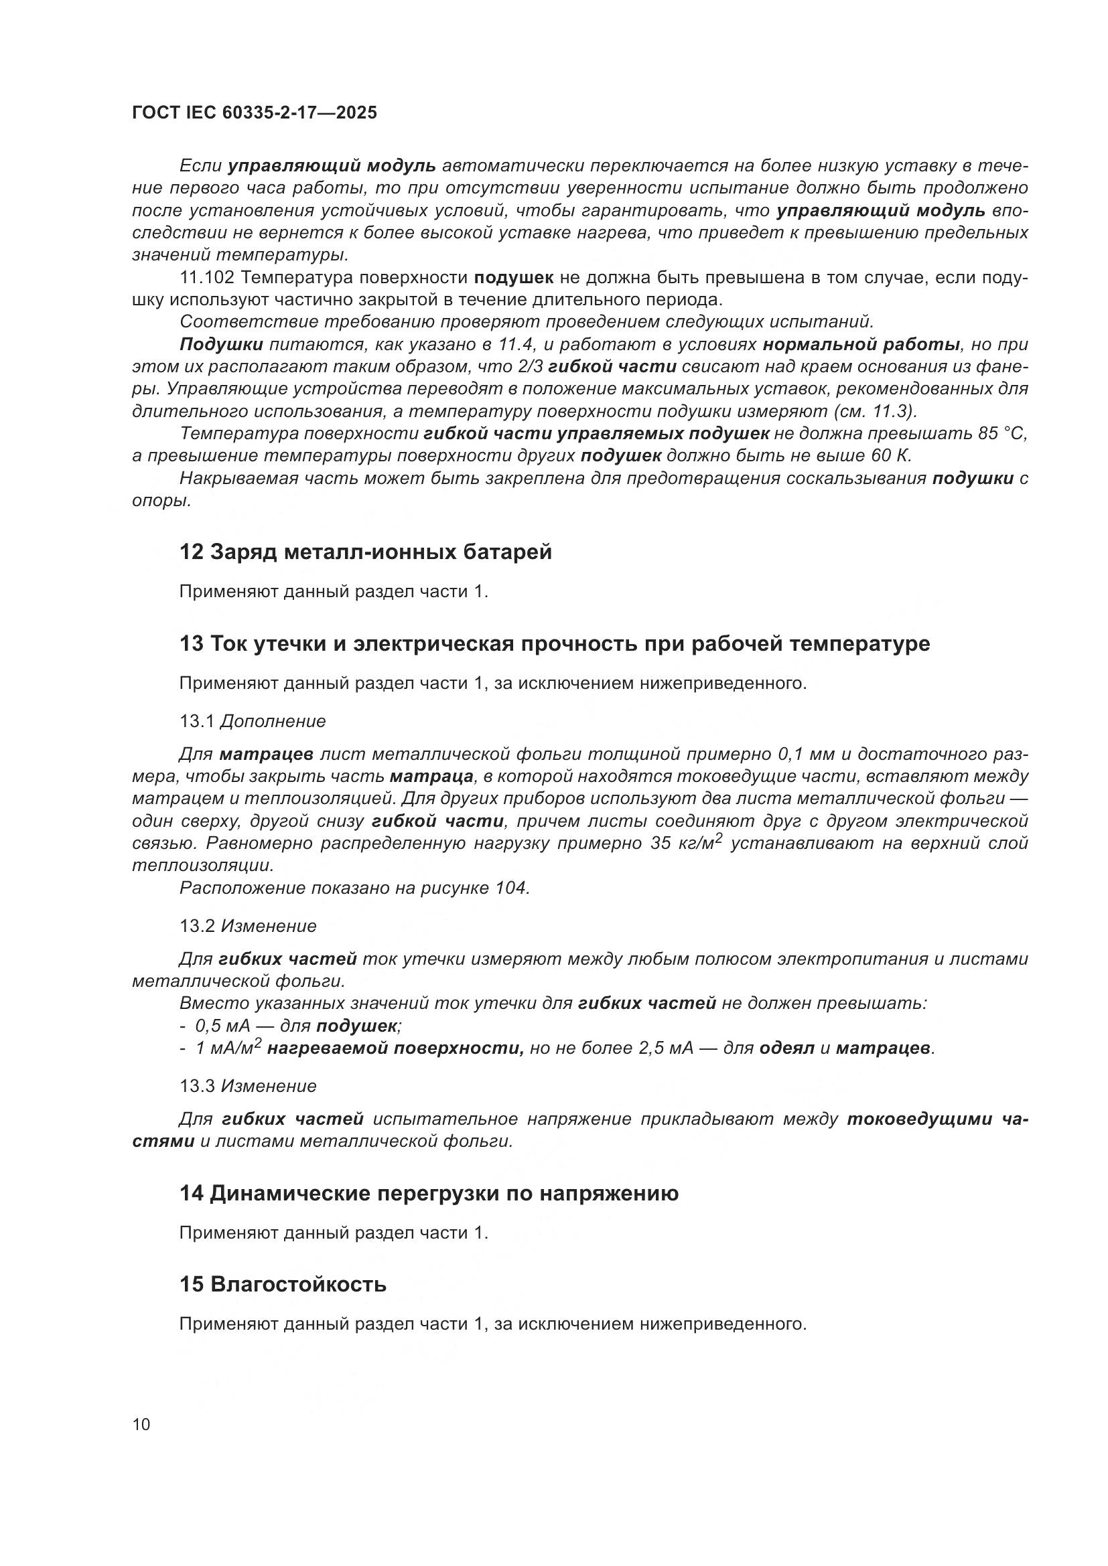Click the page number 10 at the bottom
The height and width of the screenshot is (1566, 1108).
(x=141, y=1425)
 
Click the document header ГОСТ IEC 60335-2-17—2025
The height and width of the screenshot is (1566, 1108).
(x=254, y=112)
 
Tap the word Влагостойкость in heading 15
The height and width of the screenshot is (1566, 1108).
(x=298, y=1284)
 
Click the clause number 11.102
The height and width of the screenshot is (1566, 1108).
(x=207, y=278)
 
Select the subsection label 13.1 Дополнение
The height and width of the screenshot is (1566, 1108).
(x=253, y=721)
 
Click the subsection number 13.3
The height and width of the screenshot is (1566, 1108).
(x=197, y=1086)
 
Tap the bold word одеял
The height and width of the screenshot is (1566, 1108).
(x=786, y=1048)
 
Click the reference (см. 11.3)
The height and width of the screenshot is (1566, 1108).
(x=876, y=411)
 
